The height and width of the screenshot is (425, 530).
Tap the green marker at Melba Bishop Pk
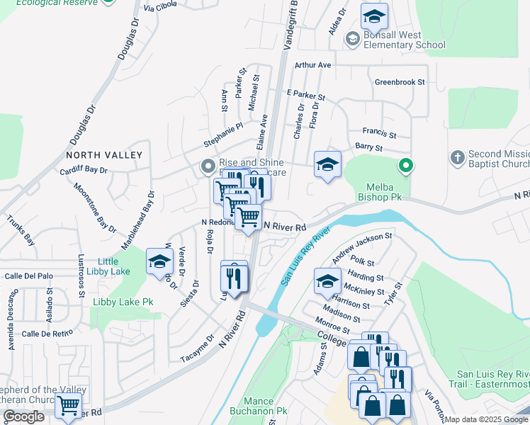click(405, 166)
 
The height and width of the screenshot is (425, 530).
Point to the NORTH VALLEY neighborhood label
click(104, 154)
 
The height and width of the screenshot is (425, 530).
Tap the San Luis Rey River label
click(307, 256)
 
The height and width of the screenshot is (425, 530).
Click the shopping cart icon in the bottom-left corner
click(68, 406)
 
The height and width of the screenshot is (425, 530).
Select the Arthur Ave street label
click(313, 65)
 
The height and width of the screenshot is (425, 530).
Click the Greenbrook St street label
click(400, 82)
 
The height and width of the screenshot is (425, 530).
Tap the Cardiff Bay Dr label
click(84, 170)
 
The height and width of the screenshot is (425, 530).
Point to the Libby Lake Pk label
click(123, 302)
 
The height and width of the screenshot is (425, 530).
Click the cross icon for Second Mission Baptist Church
click(458, 156)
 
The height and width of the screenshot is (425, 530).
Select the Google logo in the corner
click(23, 416)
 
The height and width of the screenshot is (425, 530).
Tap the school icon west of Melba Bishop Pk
click(326, 165)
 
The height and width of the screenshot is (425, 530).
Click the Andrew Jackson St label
click(362, 246)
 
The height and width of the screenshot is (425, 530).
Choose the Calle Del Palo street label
click(29, 276)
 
